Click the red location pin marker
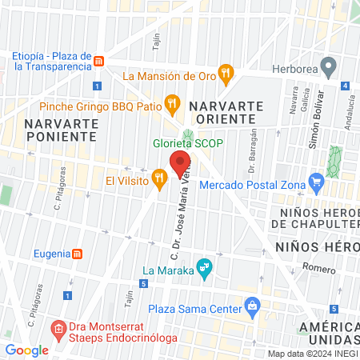tap(181, 160)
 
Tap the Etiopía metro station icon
tap(98, 62)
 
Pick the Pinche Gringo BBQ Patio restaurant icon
tap(171, 103)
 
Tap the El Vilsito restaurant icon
tap(159, 175)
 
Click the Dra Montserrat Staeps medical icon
tap(58, 328)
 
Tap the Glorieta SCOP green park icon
tap(189, 134)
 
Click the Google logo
tap(27, 350)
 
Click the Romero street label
tap(319, 269)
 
